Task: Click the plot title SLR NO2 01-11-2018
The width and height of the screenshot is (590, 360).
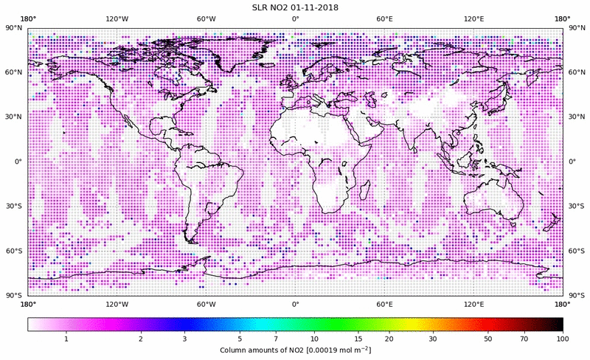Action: click(295, 7)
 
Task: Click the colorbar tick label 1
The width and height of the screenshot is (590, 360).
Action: click(66, 339)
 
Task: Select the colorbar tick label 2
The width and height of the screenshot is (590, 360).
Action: click(140, 339)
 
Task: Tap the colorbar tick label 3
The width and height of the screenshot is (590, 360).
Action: click(184, 339)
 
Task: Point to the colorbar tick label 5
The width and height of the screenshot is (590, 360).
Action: click(240, 339)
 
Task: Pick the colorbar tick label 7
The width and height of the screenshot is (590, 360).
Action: click(276, 339)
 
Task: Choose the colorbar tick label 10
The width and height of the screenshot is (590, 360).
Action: click(314, 339)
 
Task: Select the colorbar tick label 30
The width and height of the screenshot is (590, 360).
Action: click(434, 339)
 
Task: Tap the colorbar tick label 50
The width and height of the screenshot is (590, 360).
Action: click(488, 339)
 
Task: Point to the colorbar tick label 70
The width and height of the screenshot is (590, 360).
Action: click(524, 339)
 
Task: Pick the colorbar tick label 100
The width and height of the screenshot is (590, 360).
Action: click(563, 339)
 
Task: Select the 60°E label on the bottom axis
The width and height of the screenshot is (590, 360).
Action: click(384, 304)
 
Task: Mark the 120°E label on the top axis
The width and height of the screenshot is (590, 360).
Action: click(473, 18)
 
